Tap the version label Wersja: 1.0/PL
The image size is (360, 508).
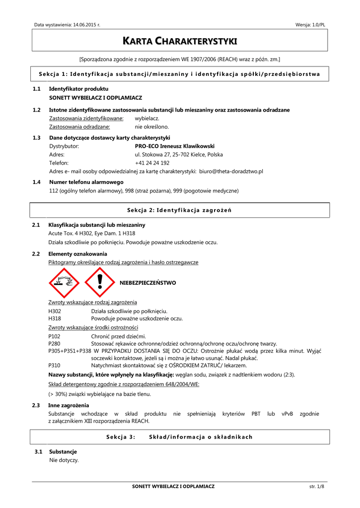pos(310,25)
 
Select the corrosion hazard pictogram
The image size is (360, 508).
pos(64,283)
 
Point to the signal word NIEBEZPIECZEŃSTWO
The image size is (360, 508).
pos(148,283)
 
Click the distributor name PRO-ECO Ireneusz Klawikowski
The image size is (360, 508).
pos(174,146)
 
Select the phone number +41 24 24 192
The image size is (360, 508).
pos(152,163)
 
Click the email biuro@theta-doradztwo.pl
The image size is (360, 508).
pos(231,171)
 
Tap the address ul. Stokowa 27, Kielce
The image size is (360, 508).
pos(179,154)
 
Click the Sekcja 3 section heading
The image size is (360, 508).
pos(180,437)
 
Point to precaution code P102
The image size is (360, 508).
pos(55,336)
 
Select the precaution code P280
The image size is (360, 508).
pos(55,343)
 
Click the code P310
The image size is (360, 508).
pos(55,365)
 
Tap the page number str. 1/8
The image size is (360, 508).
pos(316,487)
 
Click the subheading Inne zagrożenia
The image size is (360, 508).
pos(69,405)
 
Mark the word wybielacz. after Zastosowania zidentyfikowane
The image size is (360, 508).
pos(147,119)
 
